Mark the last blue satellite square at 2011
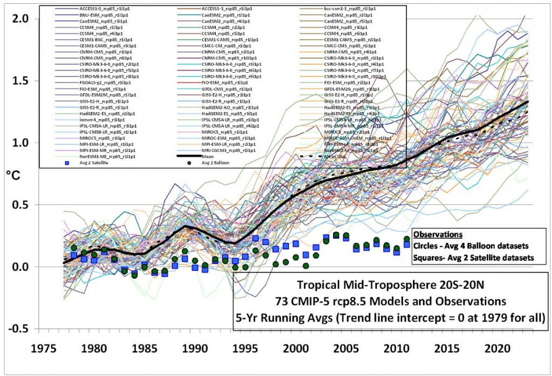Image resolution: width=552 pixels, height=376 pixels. [x=406, y=245]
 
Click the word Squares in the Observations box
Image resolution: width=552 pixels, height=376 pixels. [x=428, y=258]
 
